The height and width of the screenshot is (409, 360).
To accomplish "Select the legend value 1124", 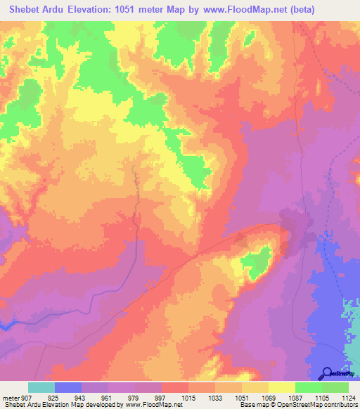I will coord(348,398).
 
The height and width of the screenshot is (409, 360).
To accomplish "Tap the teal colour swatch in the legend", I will coord(41,387).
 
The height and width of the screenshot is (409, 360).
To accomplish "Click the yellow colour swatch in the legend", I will coord(282,387).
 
